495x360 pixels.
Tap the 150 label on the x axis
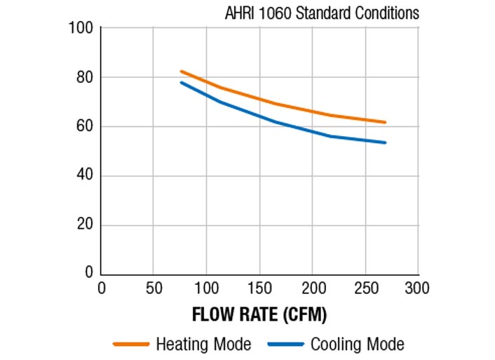tap(259, 288)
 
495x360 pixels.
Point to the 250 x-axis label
tap(365, 288)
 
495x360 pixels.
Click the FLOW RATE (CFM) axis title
tap(259, 314)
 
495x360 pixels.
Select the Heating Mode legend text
tap(203, 345)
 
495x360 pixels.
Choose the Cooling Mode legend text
tap(357, 345)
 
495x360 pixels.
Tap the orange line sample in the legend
tap(131, 345)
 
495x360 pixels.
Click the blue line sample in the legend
tap(285, 345)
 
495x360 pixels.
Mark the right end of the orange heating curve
tap(385, 122)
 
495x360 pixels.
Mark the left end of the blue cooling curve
tap(181, 82)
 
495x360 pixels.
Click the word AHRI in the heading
tap(240, 13)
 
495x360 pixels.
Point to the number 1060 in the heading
tap(275, 13)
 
